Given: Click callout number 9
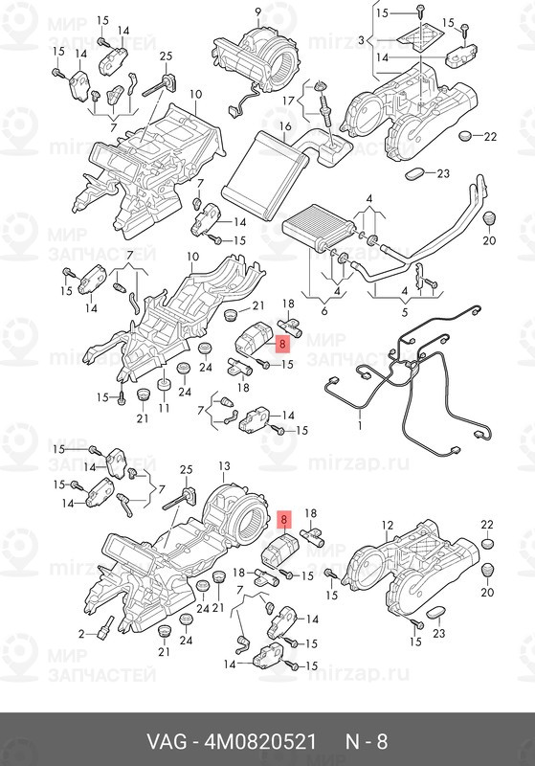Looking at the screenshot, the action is (258, 11).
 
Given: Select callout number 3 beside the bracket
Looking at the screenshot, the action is (361, 40).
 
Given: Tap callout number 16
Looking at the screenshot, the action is (285, 126).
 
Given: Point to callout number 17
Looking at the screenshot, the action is (288, 101).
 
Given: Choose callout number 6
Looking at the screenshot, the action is (324, 310).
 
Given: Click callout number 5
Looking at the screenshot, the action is (404, 311).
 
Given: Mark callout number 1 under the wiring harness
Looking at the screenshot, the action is (360, 425).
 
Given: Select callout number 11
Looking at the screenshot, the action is (164, 407).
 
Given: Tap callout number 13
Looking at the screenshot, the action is (224, 465).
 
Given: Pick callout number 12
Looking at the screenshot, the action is (387, 525).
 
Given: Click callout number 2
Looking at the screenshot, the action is (81, 634).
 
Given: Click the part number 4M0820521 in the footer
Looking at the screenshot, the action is (260, 741).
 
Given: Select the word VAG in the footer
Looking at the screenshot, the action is (167, 741).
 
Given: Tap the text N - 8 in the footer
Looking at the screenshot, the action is (367, 741).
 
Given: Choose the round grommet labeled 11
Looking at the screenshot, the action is (164, 385).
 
